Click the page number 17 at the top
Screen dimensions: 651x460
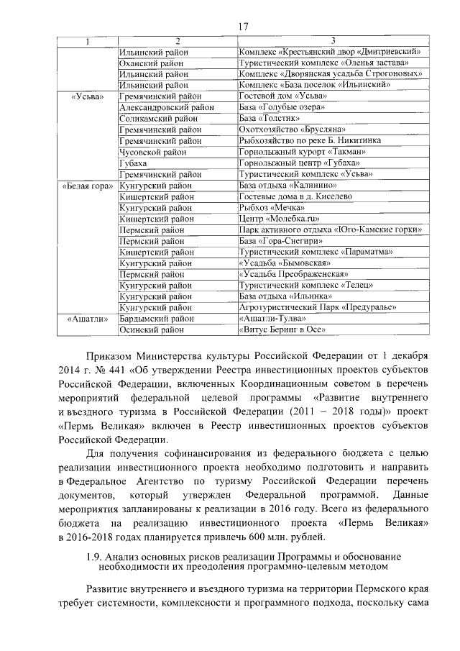(242, 27)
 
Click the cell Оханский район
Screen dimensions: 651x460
(150, 63)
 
